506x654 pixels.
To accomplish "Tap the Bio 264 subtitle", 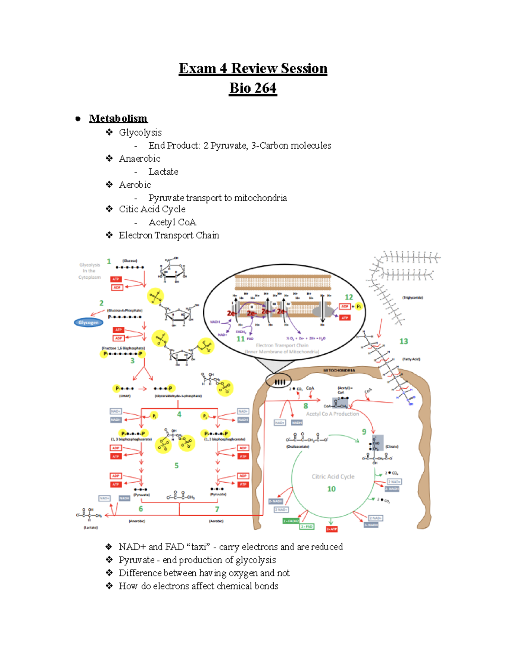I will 253,88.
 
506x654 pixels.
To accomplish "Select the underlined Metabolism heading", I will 118,118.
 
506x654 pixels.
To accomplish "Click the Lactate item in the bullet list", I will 163,172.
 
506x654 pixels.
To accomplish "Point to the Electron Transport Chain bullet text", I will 169,235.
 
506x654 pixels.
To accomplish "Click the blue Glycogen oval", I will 88,323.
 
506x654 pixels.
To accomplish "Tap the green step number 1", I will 109,262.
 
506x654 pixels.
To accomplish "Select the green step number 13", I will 404,341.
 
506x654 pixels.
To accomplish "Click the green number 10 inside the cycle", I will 331,489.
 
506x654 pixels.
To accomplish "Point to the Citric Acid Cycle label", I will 333,477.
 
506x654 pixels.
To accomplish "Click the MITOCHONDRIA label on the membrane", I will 339,371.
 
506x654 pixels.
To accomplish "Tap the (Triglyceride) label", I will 412,298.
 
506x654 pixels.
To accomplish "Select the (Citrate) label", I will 392,446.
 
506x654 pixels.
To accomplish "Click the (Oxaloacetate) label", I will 298,446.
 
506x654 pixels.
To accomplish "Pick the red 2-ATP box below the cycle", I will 332,529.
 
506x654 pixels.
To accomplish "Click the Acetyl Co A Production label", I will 332,414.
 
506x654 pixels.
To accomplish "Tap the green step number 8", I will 306,406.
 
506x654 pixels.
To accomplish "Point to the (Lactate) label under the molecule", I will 91,527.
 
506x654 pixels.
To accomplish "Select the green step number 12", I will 349,297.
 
